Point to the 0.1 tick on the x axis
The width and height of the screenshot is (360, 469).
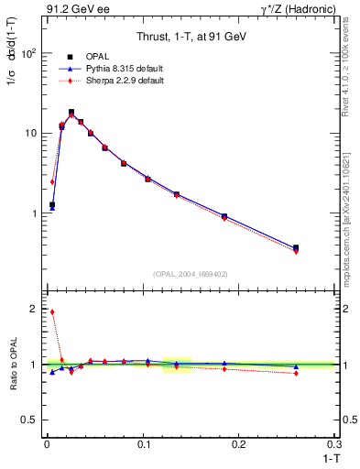143,444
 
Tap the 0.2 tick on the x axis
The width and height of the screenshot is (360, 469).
239,444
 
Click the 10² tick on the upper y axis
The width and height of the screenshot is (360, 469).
29,53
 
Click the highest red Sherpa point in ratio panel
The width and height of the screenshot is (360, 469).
52,311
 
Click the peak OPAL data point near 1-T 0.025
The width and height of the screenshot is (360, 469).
71,113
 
